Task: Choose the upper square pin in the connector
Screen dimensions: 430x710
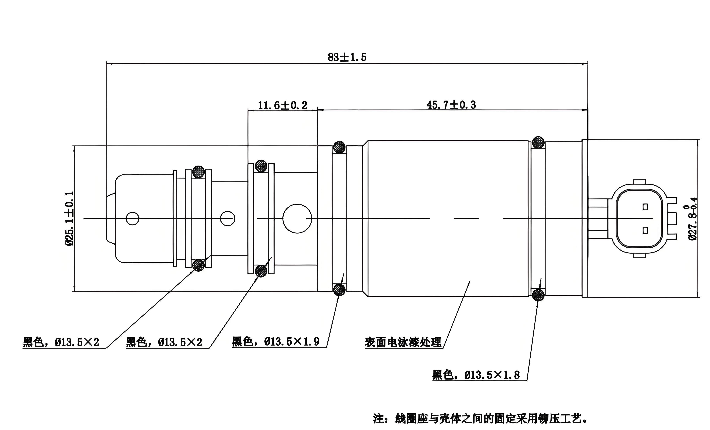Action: [645, 207]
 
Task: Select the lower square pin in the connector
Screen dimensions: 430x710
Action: [645, 230]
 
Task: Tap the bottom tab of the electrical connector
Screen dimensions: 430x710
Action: [639, 255]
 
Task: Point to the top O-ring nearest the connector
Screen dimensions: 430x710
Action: [538, 142]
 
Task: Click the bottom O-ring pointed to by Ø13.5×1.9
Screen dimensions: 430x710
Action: [339, 289]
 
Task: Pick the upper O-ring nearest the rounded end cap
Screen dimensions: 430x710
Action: [198, 172]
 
